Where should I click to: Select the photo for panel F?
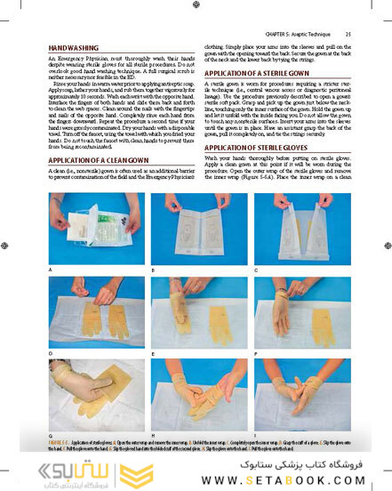[295, 312]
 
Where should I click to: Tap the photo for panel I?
[295, 395]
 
